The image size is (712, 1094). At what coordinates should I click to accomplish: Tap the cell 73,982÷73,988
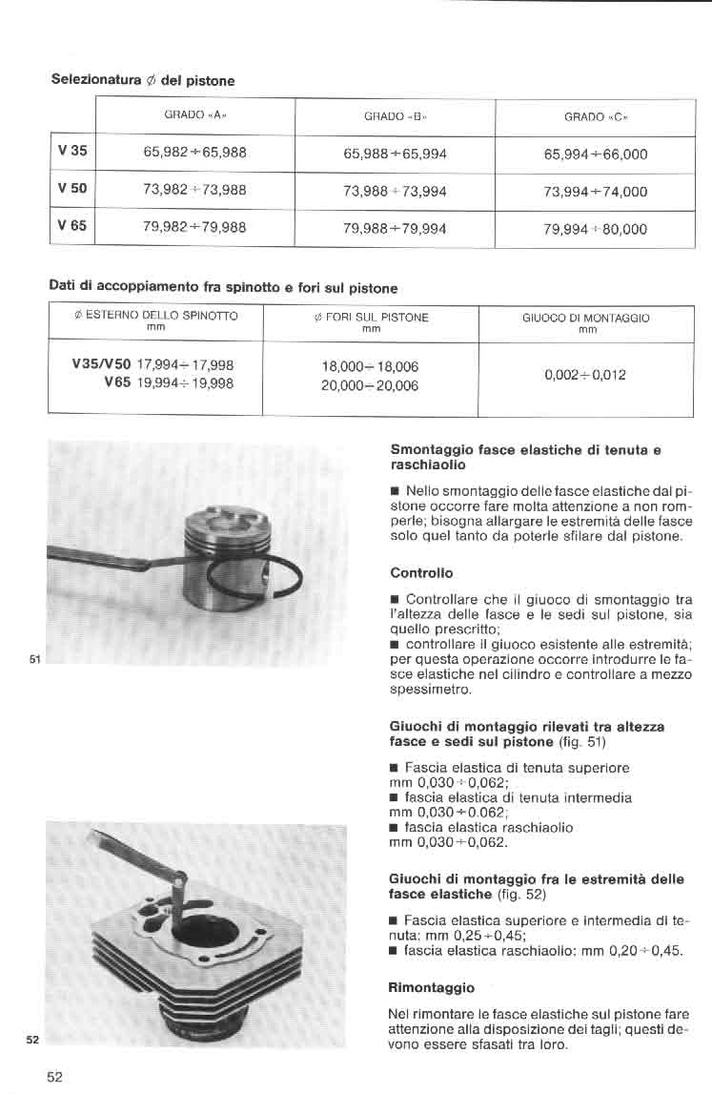(x=194, y=190)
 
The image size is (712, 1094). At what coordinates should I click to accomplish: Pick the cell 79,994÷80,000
(x=595, y=229)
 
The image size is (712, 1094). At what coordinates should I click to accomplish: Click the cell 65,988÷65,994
(x=395, y=153)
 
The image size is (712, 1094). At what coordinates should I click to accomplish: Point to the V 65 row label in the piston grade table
(x=72, y=226)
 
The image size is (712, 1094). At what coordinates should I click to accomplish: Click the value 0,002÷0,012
(x=585, y=375)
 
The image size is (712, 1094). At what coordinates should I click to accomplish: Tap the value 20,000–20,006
(x=371, y=385)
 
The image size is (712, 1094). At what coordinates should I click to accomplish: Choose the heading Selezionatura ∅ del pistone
(x=142, y=80)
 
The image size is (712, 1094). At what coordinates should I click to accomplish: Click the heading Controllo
(x=421, y=573)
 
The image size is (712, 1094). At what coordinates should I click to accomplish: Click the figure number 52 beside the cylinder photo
(x=33, y=1039)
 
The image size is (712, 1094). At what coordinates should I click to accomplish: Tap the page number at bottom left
(x=54, y=1077)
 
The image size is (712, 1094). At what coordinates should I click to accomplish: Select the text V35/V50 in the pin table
(x=101, y=364)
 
